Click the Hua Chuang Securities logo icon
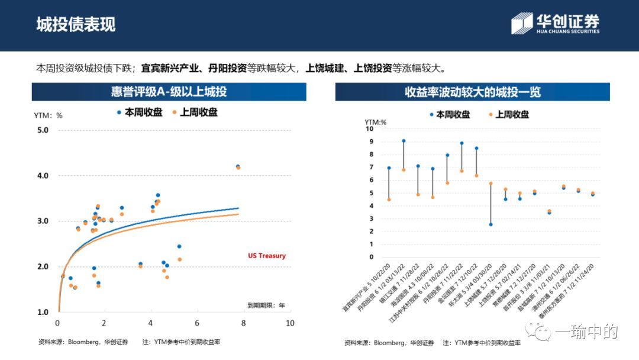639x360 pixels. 522,23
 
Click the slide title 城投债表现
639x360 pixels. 76,24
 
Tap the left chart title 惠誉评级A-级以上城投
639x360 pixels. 169,92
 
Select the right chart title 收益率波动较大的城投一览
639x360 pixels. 472,92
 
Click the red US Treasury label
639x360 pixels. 266,256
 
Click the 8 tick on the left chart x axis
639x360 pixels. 244,323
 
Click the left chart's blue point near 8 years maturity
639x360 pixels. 238,166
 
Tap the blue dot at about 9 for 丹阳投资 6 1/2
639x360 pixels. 404,141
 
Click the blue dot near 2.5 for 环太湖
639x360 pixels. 490,224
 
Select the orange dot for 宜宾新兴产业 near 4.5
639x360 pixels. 389,200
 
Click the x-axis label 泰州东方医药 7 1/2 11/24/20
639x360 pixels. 571,290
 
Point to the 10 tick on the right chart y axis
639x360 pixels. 370,128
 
